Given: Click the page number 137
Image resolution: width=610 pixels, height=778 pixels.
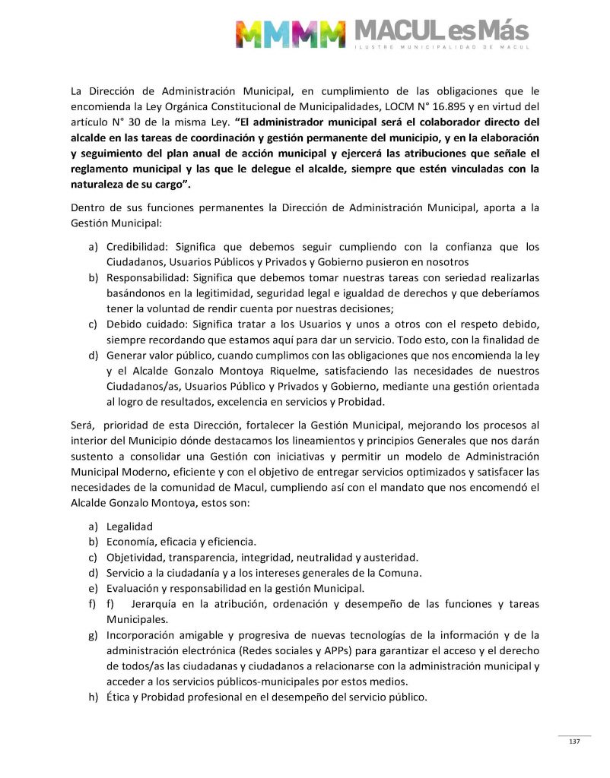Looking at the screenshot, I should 574,742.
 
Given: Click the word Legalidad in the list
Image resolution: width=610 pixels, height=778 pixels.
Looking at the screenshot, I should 130,526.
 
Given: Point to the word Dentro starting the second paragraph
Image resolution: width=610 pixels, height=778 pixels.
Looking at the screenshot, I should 88,209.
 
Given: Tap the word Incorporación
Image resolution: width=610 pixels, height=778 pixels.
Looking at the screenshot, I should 141,634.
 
